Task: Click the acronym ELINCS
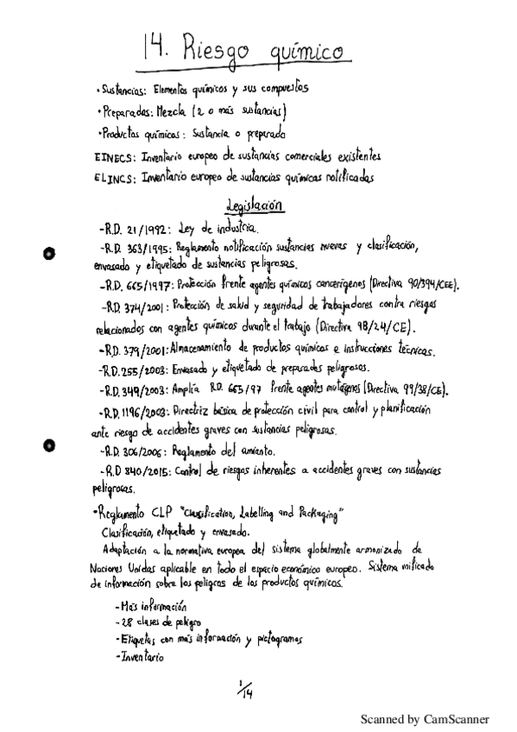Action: click(112, 178)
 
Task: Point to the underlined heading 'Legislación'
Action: click(253, 207)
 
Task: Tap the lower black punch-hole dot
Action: click(49, 445)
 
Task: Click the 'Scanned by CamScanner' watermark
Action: click(424, 718)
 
